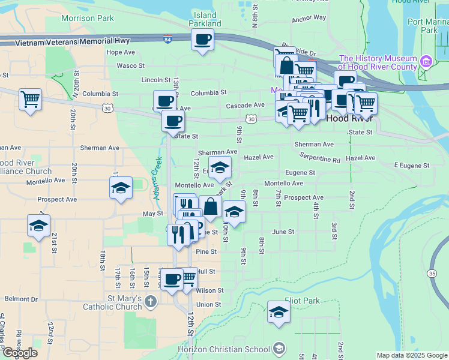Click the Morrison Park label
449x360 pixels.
point(88,18)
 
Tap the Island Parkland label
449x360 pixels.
point(206,19)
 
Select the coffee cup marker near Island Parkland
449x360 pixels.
point(202,40)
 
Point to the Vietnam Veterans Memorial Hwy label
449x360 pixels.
point(74,41)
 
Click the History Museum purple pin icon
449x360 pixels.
point(426,61)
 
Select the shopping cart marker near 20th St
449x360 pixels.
point(30,98)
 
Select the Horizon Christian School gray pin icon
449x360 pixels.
point(279,348)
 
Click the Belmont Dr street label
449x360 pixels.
point(21,299)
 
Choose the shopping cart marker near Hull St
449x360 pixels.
point(188,277)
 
